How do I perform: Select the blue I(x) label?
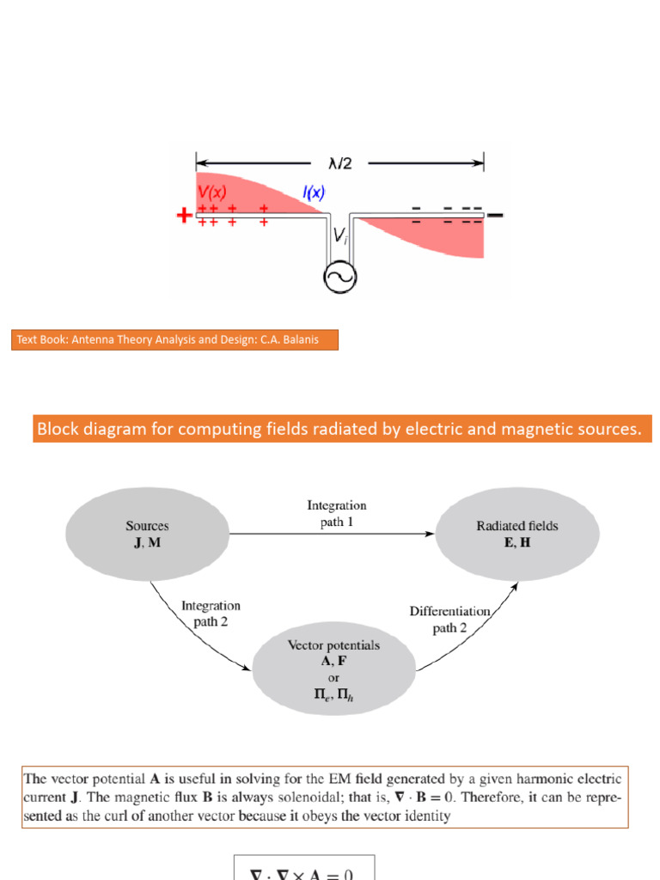313,195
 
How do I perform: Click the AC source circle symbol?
339,277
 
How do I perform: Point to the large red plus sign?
184,216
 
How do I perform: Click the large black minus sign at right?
496,215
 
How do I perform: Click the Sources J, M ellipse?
147,533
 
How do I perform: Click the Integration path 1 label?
337,513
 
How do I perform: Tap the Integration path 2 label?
211,614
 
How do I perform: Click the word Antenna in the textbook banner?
96,339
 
